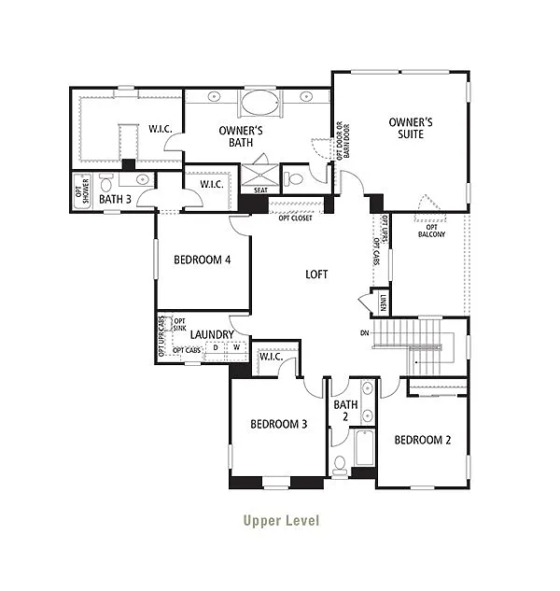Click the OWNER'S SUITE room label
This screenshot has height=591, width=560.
(x=412, y=128)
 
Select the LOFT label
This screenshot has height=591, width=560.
(x=317, y=274)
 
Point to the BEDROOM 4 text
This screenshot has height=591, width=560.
(x=202, y=260)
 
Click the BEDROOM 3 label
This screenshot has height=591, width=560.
(x=278, y=424)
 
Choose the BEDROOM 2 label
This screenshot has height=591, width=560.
(x=422, y=440)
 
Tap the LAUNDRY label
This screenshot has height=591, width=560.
(x=212, y=334)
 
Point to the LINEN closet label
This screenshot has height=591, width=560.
(x=383, y=303)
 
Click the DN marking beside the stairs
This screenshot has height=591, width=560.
(x=364, y=333)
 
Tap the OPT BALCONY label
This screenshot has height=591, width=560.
(x=431, y=230)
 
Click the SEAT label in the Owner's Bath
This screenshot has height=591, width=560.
(x=260, y=190)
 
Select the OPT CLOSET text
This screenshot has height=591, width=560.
(x=296, y=218)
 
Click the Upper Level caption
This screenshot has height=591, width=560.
(x=280, y=520)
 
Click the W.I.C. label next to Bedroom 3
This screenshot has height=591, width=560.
(x=271, y=356)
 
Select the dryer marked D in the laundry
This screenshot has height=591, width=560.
(x=216, y=347)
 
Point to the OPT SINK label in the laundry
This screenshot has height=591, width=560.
(x=179, y=325)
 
